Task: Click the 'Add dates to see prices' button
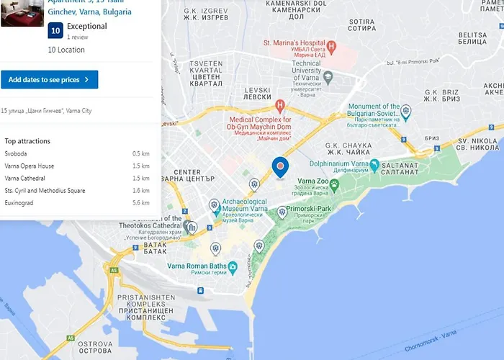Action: (x=49, y=79)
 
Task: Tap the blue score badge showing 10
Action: (x=55, y=30)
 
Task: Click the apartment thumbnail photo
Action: (x=21, y=12)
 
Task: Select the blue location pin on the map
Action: (x=280, y=167)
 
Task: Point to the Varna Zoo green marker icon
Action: (x=335, y=185)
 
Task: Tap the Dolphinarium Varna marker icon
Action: (x=375, y=164)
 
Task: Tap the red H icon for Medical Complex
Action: (x=281, y=105)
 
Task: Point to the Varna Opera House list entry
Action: (x=30, y=166)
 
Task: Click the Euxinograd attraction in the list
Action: (x=20, y=203)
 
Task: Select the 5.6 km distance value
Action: (x=141, y=203)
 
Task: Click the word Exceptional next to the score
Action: (x=86, y=27)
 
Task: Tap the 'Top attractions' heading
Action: (x=27, y=141)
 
